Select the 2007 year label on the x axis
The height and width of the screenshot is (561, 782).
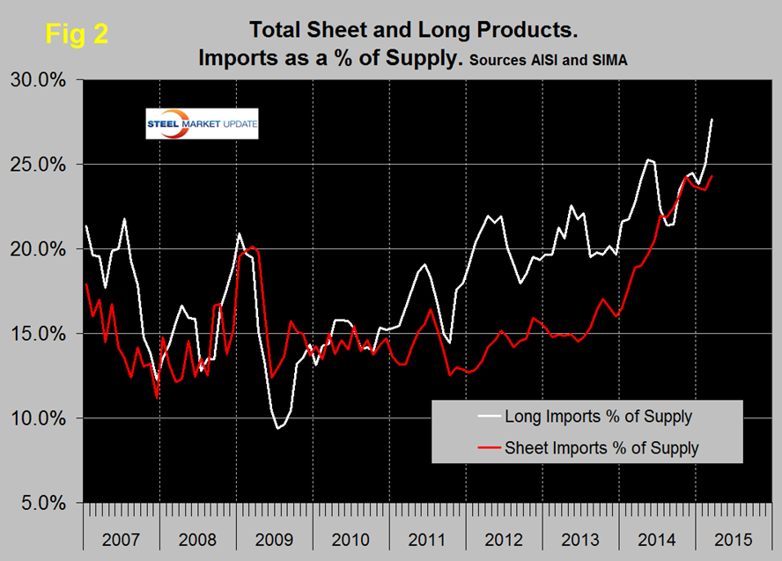click(x=121, y=536)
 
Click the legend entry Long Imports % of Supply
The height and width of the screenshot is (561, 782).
click(x=597, y=416)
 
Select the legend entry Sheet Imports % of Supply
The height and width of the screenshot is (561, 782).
click(x=601, y=447)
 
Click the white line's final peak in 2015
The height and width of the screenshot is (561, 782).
click(x=712, y=120)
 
